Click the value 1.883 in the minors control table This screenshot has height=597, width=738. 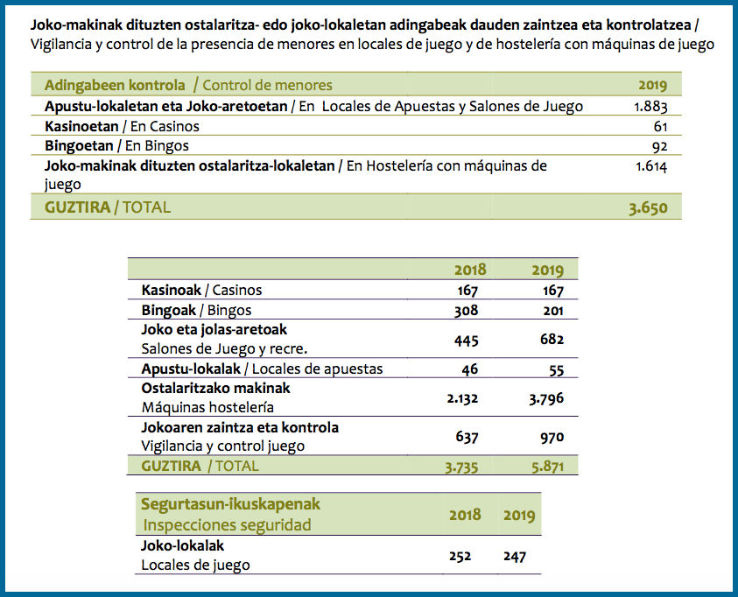650,107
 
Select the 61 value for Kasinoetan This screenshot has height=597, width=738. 660,127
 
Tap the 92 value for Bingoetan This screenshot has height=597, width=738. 660,147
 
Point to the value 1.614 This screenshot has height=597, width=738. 651,166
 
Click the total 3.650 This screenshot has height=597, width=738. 648,208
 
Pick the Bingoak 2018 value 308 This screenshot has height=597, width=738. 466,311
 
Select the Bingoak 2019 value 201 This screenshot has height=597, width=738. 553,311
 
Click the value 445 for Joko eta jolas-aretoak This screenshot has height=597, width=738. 467,341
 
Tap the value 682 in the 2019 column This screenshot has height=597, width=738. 552,339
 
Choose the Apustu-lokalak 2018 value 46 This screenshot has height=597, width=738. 470,369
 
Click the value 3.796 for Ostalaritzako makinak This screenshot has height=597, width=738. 546,399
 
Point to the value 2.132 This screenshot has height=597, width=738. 462,399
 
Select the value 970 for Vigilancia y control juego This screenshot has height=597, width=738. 552,438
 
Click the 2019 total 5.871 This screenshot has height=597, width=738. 547,467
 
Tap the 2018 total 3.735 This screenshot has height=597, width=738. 461,467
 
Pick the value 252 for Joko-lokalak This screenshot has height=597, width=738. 460,557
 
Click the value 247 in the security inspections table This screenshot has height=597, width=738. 515,557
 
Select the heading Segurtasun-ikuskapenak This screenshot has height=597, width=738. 230,504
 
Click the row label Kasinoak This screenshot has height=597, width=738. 172,291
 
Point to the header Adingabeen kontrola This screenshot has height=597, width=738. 115,85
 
